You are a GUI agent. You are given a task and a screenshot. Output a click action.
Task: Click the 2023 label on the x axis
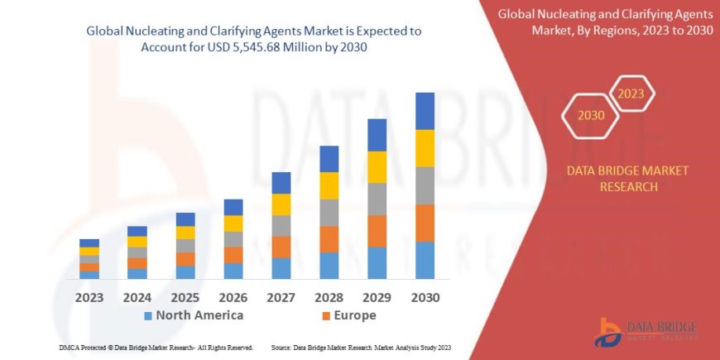coord(89,297)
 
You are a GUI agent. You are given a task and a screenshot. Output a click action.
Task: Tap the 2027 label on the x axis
coord(281,297)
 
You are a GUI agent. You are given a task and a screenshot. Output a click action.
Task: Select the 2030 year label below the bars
coord(425,297)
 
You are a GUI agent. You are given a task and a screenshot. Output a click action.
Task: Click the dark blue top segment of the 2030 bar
coord(425,111)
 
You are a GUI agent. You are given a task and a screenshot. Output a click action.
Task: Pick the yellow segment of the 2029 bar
coord(377,167)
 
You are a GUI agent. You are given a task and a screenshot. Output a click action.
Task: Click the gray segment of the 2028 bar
coord(329,213)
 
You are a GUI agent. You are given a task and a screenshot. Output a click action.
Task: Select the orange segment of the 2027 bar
coord(281,247)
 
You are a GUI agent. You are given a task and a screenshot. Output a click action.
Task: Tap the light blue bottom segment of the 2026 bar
coord(233,271)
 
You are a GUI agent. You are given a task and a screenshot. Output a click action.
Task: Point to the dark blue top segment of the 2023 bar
coord(89,242)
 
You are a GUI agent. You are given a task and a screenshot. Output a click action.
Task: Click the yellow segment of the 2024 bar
coord(137,242)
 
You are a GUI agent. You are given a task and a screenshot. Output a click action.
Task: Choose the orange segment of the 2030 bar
coord(425,223)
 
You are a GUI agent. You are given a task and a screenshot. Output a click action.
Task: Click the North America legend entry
coord(194,315)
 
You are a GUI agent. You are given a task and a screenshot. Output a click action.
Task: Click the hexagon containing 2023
coord(631,94)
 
